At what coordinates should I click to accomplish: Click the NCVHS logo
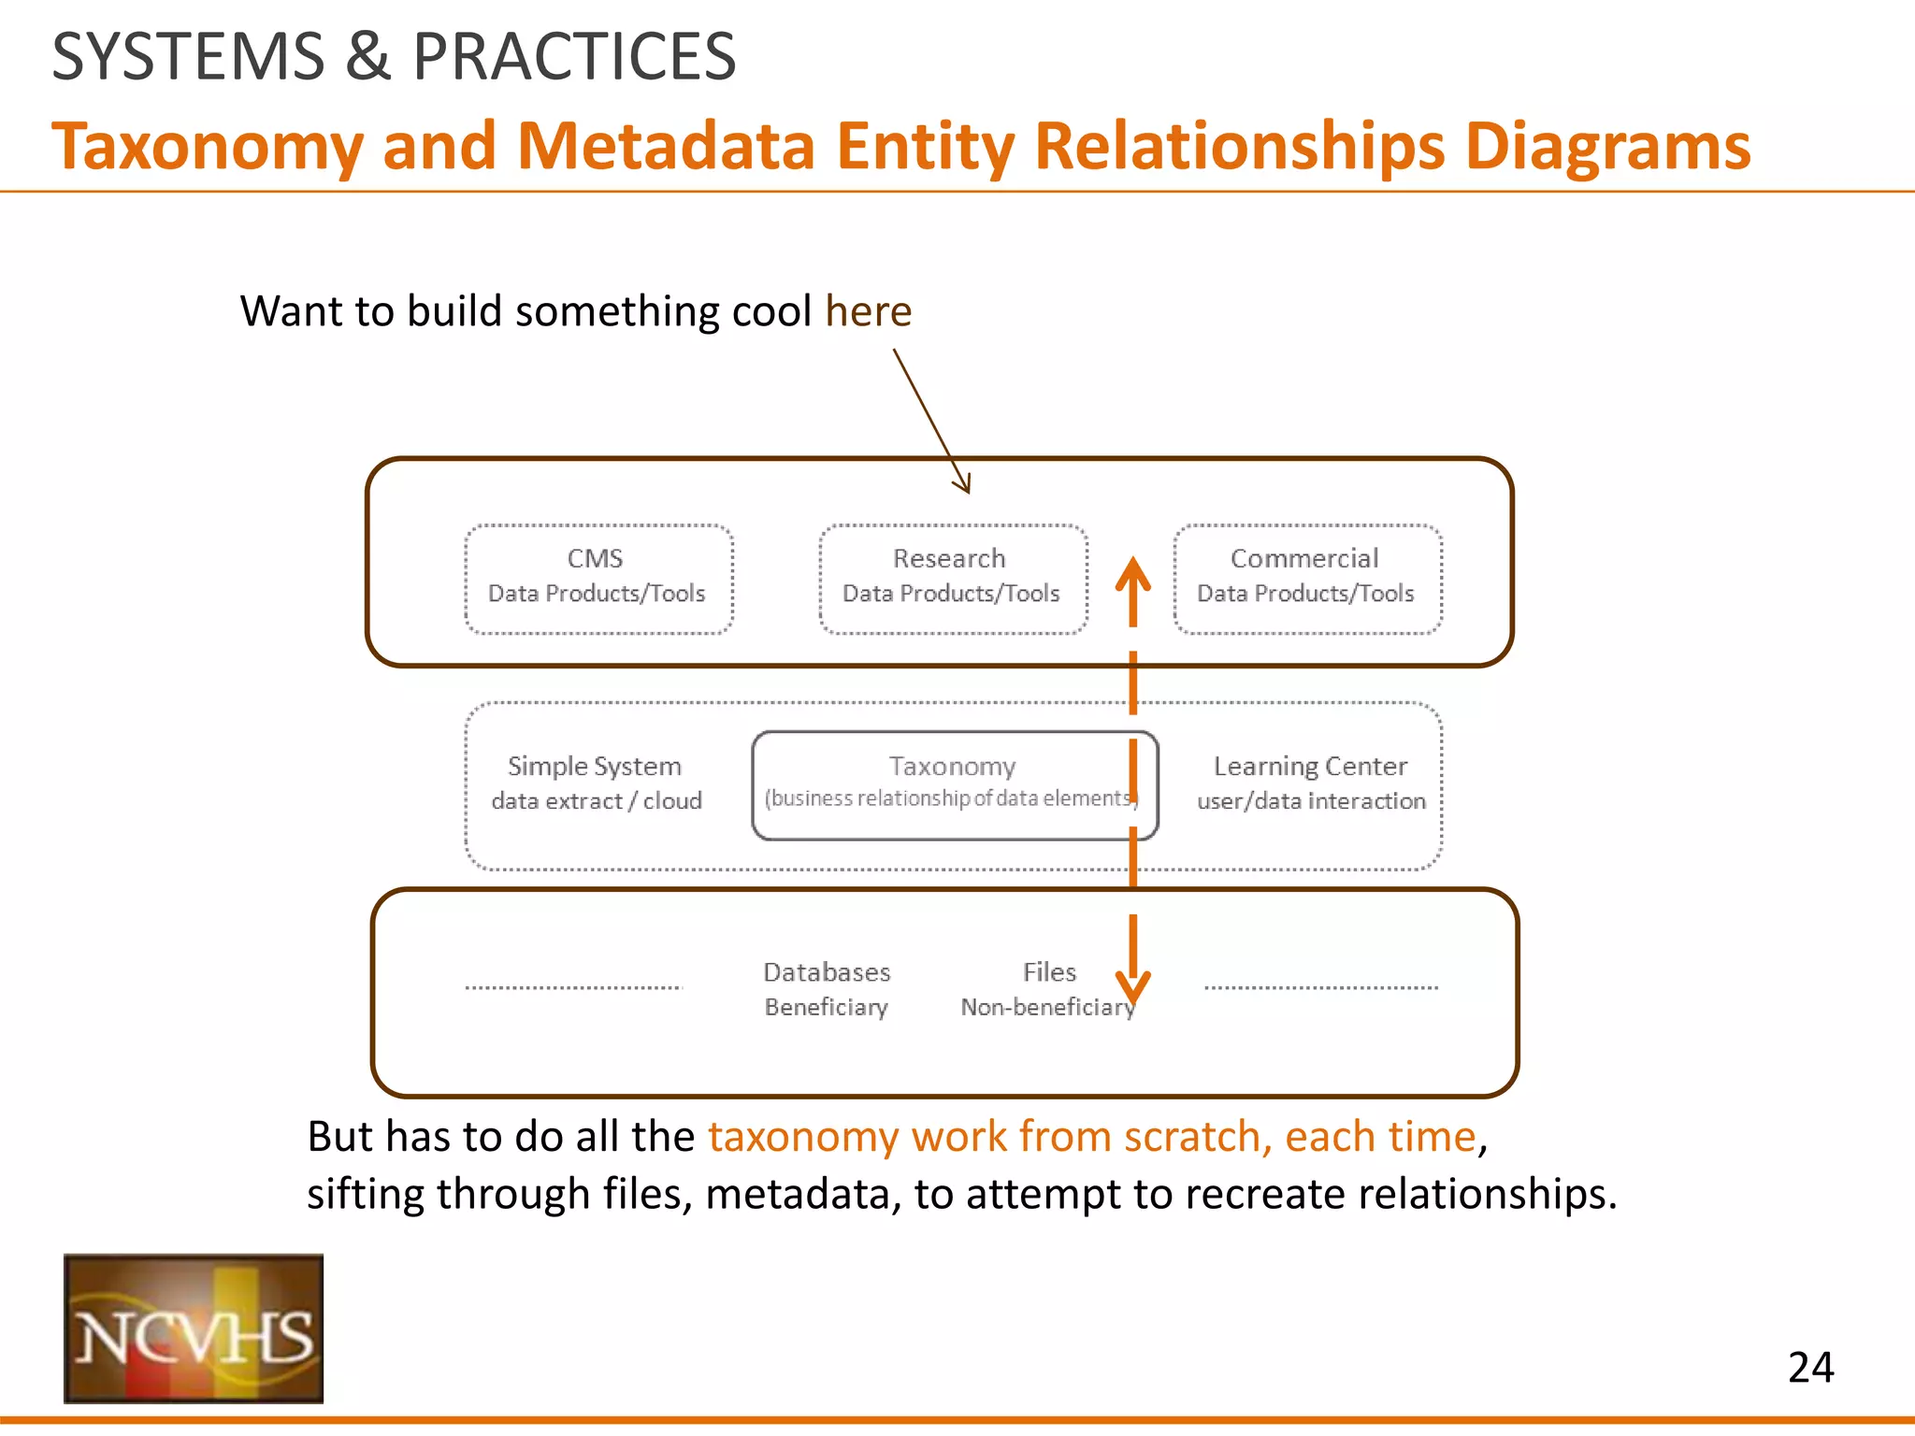pyautogui.click(x=194, y=1328)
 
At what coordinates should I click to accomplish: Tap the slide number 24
pyautogui.click(x=1810, y=1368)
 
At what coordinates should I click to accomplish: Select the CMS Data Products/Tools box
pyautogui.click(x=598, y=579)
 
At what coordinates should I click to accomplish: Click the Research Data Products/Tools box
pyautogui.click(x=952, y=579)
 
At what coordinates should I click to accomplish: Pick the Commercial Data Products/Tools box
pyautogui.click(x=1306, y=579)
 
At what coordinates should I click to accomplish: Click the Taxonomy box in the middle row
pyautogui.click(x=953, y=783)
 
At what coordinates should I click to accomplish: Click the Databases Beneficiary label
pyautogui.click(x=827, y=988)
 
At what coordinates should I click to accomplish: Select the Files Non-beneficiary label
pyautogui.click(x=1047, y=988)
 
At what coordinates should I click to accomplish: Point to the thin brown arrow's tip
pyautogui.click(x=968, y=491)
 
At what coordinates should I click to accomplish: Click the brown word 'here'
pyautogui.click(x=868, y=311)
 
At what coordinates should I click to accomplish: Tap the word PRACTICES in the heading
pyautogui.click(x=574, y=57)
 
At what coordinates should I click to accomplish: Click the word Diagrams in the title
pyautogui.click(x=1606, y=147)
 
